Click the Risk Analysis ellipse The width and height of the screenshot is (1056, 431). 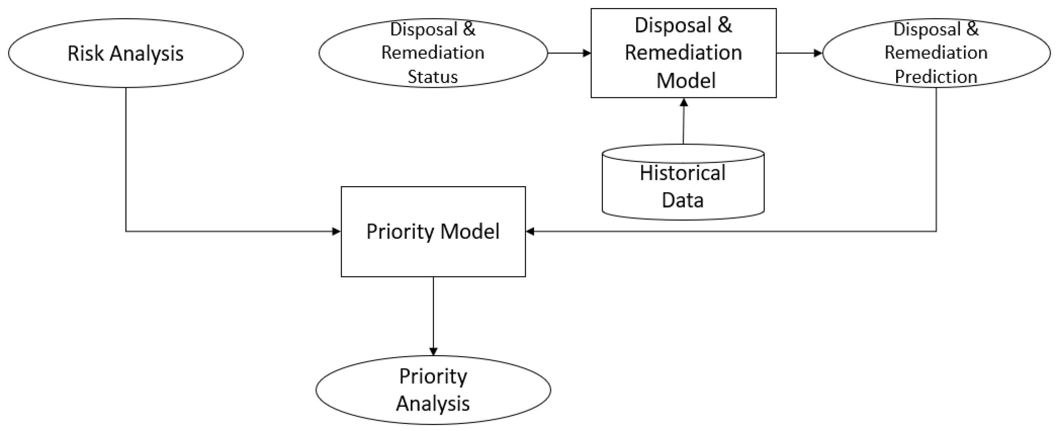[125, 53]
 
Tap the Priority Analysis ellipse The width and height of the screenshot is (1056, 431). [433, 390]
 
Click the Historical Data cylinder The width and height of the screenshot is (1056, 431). [683, 187]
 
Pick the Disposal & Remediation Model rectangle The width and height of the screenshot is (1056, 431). [683, 53]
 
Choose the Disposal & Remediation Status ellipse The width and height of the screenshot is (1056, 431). [433, 53]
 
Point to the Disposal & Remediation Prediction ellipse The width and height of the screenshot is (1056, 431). [936, 53]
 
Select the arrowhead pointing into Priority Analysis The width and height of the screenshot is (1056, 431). [433, 352]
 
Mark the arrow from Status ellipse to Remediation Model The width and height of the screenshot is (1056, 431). [569, 53]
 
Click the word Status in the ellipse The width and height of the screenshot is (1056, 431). [432, 77]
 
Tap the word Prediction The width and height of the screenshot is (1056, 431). [936, 77]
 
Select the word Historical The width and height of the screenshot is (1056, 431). [683, 173]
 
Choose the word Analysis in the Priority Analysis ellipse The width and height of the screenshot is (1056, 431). [433, 404]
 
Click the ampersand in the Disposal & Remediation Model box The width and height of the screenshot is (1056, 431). [724, 25]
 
